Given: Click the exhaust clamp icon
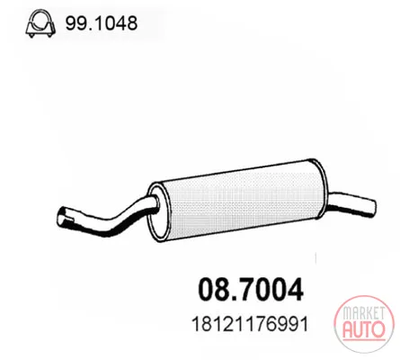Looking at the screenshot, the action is tap(40, 24).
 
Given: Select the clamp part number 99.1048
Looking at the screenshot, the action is tap(102, 23).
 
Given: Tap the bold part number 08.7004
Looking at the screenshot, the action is tap(251, 289).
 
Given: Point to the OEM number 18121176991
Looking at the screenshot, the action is tap(250, 324).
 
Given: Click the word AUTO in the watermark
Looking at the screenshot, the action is tap(364, 329).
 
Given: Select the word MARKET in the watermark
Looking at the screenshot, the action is tap(364, 313).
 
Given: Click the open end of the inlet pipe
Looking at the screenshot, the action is tap(62, 217).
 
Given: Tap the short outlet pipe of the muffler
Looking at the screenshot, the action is tap(352, 204).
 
